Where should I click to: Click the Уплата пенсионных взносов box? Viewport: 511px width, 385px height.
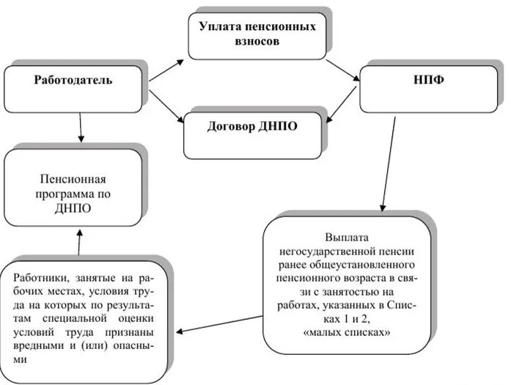(257, 34)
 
